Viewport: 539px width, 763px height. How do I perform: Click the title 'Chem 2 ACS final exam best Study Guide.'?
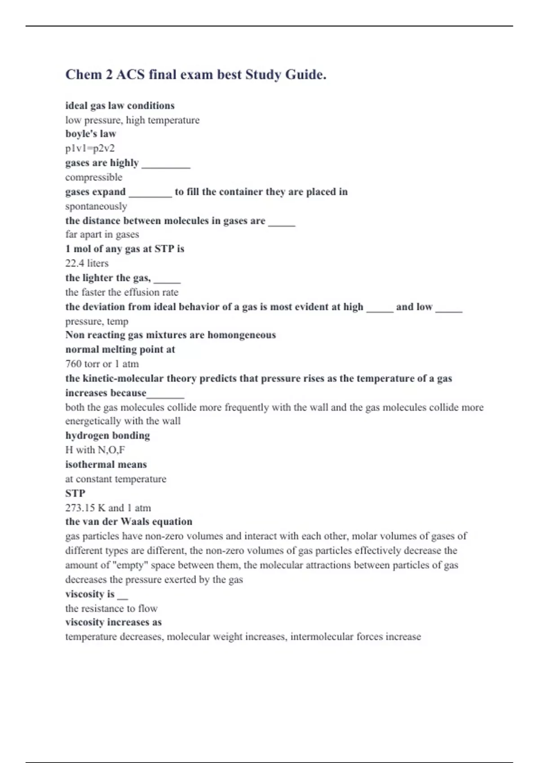(196, 74)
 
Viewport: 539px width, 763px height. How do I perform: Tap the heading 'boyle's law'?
(91, 134)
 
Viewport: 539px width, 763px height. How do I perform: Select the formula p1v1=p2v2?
(90, 148)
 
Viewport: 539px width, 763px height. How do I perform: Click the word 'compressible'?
(93, 177)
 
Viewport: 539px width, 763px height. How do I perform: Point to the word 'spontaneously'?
(96, 206)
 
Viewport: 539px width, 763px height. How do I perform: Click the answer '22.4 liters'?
(87, 263)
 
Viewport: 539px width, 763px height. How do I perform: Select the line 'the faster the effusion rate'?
(122, 293)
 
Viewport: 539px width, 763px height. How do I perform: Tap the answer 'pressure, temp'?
(97, 321)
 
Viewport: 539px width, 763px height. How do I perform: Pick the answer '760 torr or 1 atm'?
(102, 364)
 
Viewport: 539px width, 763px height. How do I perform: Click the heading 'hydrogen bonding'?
(107, 435)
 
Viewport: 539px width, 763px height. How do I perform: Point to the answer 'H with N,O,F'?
(95, 450)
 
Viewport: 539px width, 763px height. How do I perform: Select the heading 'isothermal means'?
(106, 465)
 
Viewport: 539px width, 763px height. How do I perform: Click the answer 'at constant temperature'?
(115, 479)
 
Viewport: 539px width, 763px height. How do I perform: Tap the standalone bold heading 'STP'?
(75, 493)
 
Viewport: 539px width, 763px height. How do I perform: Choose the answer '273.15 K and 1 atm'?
(108, 508)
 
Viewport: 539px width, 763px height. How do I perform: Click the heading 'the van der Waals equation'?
(128, 522)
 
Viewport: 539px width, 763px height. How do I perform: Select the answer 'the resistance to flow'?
(111, 609)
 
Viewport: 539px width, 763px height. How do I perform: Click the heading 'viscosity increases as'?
(113, 622)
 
